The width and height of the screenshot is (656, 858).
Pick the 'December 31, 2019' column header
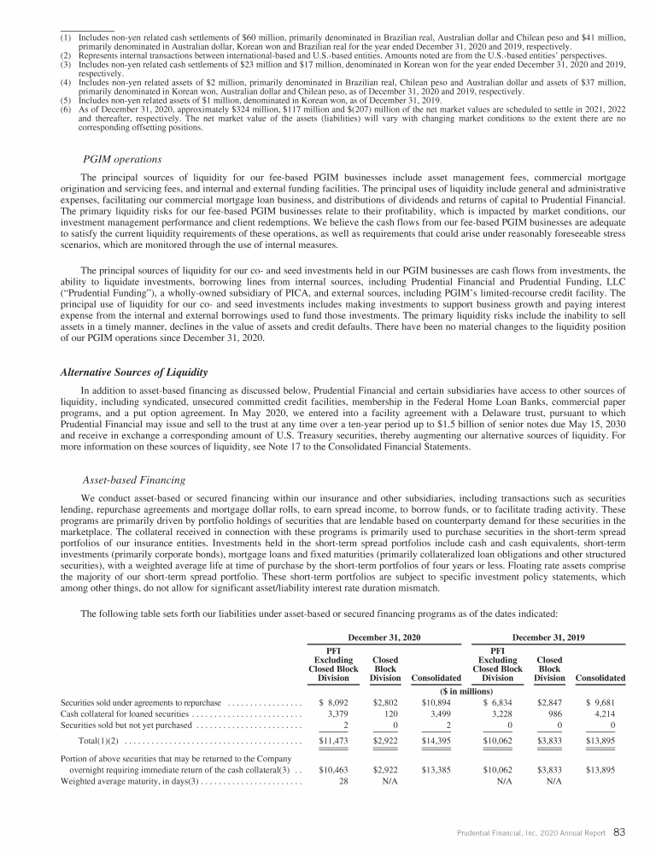tap(547, 638)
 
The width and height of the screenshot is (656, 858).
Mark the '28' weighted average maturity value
tap(347, 780)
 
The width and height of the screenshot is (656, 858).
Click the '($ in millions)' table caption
tap(466, 691)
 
